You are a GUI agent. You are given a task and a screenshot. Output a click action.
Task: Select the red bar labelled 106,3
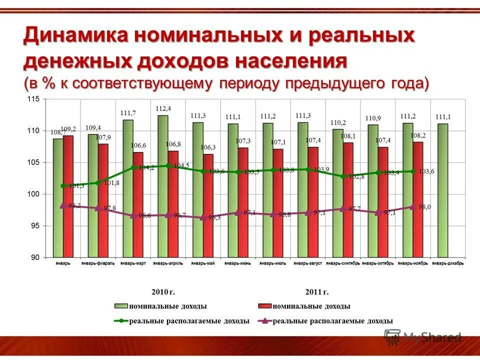[x=208, y=205]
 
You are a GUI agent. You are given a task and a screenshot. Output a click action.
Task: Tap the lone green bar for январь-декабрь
[x=443, y=190]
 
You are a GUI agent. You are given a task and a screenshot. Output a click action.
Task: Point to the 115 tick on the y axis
[x=33, y=99]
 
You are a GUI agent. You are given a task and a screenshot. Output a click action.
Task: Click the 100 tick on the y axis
[x=33, y=194]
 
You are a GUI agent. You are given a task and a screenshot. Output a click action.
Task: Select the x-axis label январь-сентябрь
[x=343, y=263]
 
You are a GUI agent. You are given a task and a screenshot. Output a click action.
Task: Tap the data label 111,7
[x=128, y=113]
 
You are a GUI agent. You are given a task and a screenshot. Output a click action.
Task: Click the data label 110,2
[x=338, y=122]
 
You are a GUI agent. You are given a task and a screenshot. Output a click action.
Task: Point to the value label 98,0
[x=424, y=207]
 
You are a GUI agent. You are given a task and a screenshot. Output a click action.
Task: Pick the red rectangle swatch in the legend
[x=264, y=306]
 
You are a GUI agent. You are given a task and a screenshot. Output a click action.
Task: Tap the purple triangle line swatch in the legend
[x=264, y=321]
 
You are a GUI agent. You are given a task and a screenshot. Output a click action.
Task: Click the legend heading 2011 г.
[x=316, y=291]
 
